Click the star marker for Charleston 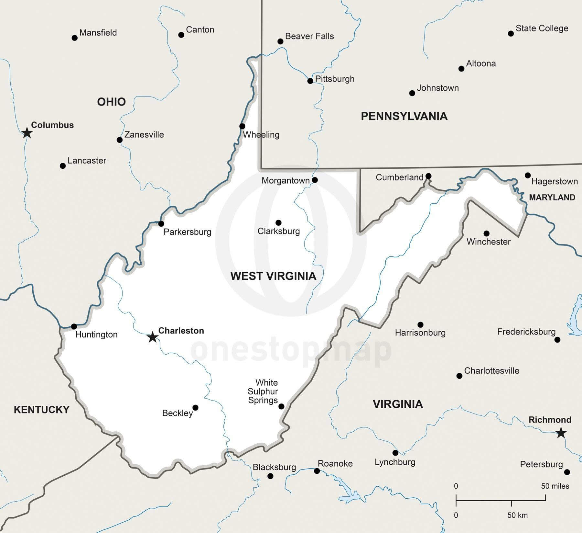(153, 337)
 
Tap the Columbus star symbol (27, 132)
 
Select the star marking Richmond (561, 433)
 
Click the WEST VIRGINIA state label (273, 276)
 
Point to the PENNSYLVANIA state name (404, 116)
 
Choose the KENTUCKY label (41, 410)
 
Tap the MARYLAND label (552, 197)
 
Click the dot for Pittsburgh (310, 81)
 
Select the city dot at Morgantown (315, 180)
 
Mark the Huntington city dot (74, 326)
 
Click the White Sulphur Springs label (263, 391)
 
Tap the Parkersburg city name (187, 232)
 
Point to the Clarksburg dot (278, 222)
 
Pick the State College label (542, 28)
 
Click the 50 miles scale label (555, 486)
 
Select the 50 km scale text (517, 515)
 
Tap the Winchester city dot (486, 233)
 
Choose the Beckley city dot (195, 407)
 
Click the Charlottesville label (491, 371)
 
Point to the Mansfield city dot (74, 38)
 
